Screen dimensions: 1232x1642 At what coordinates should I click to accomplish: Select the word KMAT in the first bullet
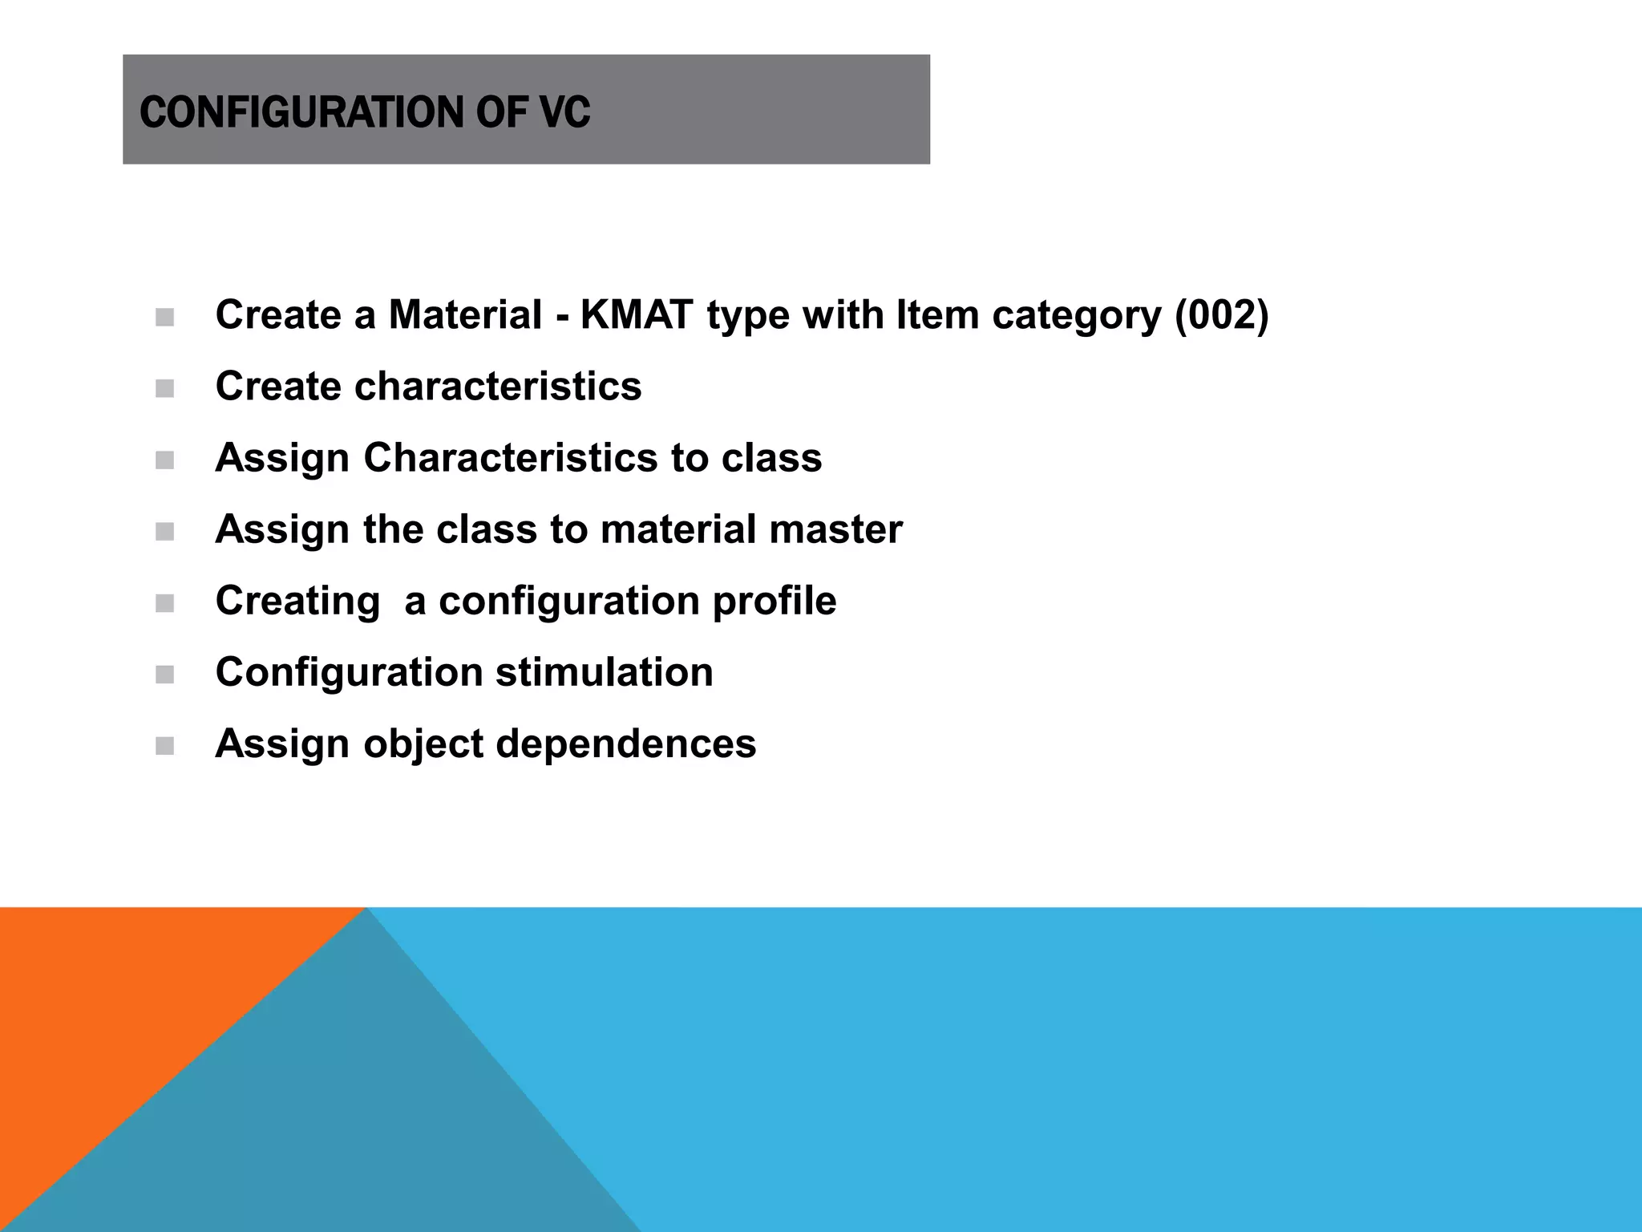636,314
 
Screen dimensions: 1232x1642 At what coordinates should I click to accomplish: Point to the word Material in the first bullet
465,314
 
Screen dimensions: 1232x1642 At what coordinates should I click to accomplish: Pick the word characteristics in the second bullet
498,386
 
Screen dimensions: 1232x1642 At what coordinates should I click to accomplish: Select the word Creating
297,602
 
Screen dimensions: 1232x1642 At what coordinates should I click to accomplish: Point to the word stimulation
604,672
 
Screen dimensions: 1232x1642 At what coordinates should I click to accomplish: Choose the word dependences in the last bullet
625,744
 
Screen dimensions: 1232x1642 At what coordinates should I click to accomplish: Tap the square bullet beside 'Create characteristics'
165,389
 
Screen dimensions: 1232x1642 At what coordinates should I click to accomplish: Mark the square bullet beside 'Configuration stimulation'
165,675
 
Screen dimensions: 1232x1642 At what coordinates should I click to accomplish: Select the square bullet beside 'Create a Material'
165,318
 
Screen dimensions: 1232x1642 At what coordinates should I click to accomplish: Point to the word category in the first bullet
1077,316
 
